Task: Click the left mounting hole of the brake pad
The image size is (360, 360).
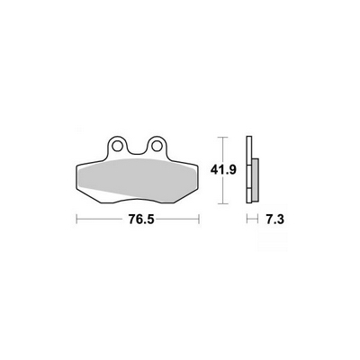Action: (117, 146)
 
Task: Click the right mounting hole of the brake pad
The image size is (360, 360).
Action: (157, 146)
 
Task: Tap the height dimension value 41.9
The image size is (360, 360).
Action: (223, 170)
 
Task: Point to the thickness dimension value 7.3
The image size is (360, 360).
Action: (274, 220)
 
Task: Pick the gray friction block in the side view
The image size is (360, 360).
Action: (255, 180)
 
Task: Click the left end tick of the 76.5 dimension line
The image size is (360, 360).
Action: (76, 219)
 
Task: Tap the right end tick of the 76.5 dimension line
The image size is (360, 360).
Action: (199, 219)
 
